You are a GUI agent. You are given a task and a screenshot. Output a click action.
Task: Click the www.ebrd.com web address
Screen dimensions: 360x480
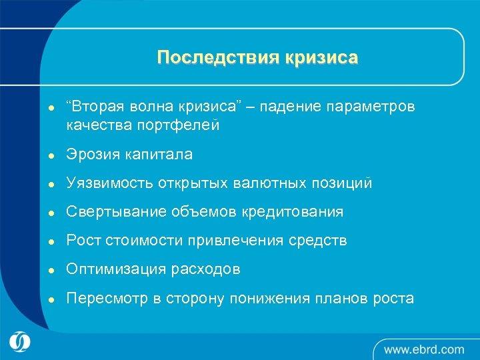coord(423,349)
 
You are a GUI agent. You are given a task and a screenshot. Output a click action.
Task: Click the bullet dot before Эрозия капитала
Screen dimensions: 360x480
coord(42,155)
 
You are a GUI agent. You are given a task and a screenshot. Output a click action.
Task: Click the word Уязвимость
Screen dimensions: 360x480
coord(109,183)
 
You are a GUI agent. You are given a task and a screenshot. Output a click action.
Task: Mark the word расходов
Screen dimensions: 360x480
coord(209,269)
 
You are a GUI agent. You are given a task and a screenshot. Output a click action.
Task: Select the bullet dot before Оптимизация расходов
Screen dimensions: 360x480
coord(42,270)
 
